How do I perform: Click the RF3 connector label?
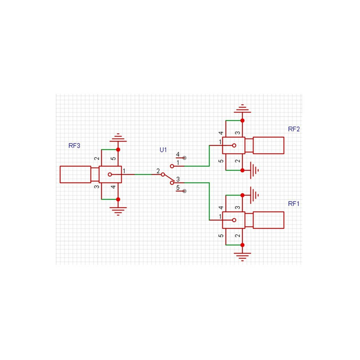click(x=74, y=145)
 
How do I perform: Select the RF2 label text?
click(x=294, y=129)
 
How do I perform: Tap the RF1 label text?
click(x=294, y=204)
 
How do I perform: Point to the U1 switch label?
click(x=163, y=150)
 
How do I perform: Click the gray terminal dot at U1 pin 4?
click(x=184, y=158)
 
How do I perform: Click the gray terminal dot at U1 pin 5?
click(x=184, y=191)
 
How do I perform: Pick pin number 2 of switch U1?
click(x=158, y=171)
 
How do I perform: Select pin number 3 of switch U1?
click(x=178, y=179)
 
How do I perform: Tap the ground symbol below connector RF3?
click(x=118, y=211)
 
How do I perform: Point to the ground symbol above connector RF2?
click(x=243, y=108)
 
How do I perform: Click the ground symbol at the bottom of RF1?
click(x=243, y=257)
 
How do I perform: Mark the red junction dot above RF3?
click(x=118, y=150)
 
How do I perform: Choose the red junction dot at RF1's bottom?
click(x=243, y=245)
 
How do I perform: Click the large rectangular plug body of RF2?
click(x=268, y=145)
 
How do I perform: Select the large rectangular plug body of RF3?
click(x=75, y=175)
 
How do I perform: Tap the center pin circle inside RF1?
click(x=234, y=220)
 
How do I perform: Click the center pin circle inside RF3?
click(x=110, y=175)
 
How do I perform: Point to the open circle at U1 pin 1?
click(x=172, y=166)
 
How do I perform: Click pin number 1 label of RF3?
click(x=124, y=171)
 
